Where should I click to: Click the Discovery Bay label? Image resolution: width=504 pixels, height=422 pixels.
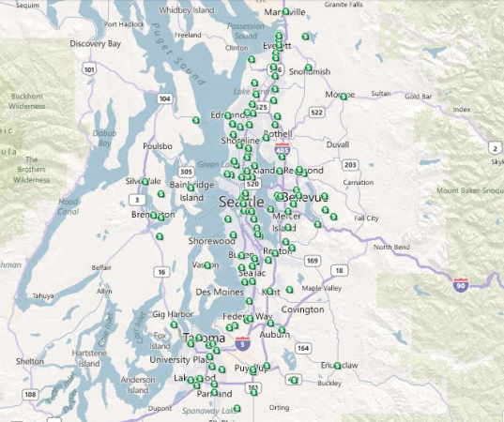click(95, 43)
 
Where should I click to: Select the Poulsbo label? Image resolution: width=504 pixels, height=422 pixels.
click(157, 146)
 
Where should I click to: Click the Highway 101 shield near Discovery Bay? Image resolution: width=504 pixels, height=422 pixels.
click(89, 68)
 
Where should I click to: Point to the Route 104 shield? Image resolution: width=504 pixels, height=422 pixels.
click(165, 98)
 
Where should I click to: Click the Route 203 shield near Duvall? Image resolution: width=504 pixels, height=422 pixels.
click(350, 165)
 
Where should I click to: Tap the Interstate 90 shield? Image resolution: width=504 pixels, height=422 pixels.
click(460, 283)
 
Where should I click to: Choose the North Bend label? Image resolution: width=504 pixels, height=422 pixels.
click(392, 248)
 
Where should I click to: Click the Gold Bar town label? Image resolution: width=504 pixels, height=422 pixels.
click(419, 96)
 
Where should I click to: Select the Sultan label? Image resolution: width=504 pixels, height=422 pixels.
click(381, 93)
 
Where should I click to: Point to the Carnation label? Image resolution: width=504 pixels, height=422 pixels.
click(359, 182)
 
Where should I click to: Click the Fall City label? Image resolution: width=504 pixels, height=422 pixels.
click(366, 218)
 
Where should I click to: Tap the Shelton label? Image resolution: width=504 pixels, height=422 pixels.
click(29, 360)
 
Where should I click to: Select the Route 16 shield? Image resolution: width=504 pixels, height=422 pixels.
click(162, 272)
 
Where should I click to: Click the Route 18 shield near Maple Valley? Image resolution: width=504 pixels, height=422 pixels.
click(338, 270)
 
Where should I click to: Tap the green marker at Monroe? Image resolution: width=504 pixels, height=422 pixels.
click(344, 96)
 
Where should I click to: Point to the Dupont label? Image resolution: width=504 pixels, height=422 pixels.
click(160, 408)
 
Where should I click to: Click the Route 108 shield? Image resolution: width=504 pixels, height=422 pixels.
click(30, 394)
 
